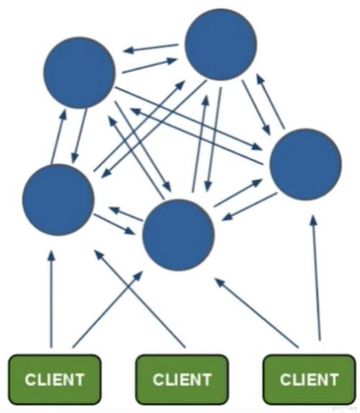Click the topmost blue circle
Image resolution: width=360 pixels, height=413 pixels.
[x=221, y=45]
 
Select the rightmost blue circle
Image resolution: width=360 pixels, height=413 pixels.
[x=305, y=165]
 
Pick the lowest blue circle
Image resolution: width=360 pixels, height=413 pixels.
[x=179, y=235]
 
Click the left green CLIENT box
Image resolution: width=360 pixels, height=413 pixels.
[x=54, y=378]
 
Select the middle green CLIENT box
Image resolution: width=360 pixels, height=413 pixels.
[x=182, y=378]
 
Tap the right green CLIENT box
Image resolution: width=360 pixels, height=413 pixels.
[x=309, y=378]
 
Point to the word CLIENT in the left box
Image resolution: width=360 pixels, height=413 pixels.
[x=54, y=379]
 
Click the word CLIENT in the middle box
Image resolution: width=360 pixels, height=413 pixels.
[x=182, y=379]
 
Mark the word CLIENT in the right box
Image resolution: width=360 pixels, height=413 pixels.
[x=309, y=379]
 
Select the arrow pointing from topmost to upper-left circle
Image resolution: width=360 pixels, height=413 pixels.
[x=150, y=49]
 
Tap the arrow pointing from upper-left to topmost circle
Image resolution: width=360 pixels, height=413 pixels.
[x=150, y=66]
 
